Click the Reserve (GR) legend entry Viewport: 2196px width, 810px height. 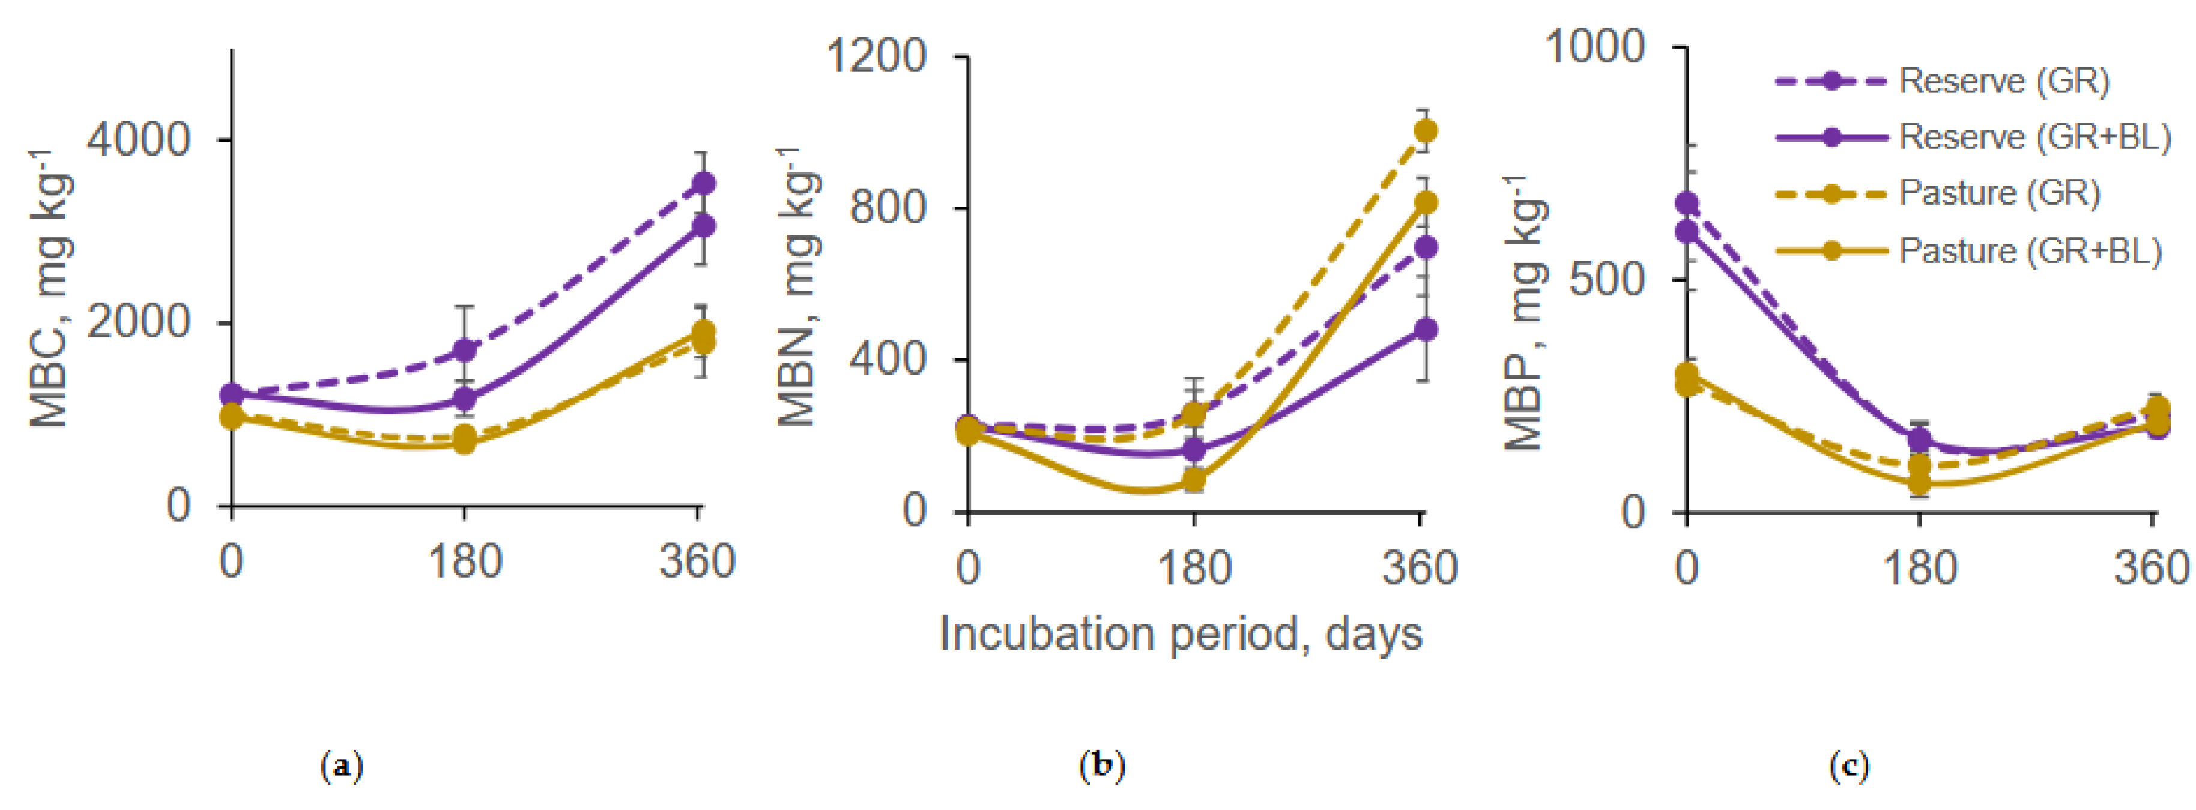(2003, 81)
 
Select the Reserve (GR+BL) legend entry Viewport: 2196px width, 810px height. (2034, 136)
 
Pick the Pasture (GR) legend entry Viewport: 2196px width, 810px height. (1998, 193)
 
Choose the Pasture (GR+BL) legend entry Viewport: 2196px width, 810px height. (2030, 250)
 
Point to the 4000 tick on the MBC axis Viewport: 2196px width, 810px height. (138, 139)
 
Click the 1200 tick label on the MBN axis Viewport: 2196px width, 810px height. (876, 57)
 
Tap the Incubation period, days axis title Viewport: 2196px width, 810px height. (1181, 634)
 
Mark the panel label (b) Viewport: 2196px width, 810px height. (1103, 766)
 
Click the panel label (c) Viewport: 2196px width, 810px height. (1849, 766)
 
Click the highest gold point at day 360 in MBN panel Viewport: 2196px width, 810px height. (1424, 130)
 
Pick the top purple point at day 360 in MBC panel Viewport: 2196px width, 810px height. (703, 183)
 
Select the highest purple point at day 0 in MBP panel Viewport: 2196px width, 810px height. (1687, 204)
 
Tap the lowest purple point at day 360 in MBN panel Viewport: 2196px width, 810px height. (1424, 329)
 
